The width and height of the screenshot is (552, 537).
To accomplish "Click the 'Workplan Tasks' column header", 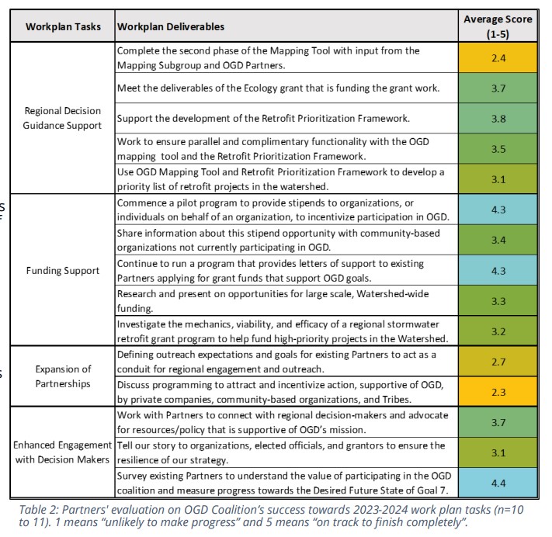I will click(x=63, y=26).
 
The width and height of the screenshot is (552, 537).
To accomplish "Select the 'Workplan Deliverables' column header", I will click(x=171, y=26).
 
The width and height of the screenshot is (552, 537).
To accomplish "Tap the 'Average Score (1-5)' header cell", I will click(x=498, y=26).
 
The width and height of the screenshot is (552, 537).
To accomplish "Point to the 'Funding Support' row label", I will click(x=63, y=271).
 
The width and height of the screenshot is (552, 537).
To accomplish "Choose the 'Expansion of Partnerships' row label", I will click(x=63, y=376).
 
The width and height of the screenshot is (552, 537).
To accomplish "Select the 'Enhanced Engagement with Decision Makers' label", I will click(x=63, y=452).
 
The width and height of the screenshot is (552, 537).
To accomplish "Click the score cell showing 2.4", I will click(x=498, y=57).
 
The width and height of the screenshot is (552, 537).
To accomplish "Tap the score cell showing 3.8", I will click(x=498, y=119).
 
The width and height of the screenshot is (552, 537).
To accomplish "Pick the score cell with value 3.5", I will click(x=498, y=148).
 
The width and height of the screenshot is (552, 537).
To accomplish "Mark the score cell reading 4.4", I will click(x=498, y=482).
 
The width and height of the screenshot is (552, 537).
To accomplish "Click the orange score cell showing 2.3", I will click(x=498, y=391).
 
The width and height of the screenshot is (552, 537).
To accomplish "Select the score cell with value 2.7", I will click(x=498, y=362).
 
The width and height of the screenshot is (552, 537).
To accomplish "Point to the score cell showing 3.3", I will click(x=498, y=300).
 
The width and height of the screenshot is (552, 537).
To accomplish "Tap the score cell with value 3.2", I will click(x=498, y=331).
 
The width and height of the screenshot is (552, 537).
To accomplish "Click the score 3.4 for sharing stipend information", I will click(x=498, y=240).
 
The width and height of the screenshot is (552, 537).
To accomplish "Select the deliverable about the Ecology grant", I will click(x=278, y=88).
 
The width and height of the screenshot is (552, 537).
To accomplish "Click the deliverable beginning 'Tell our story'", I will click(x=280, y=452).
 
